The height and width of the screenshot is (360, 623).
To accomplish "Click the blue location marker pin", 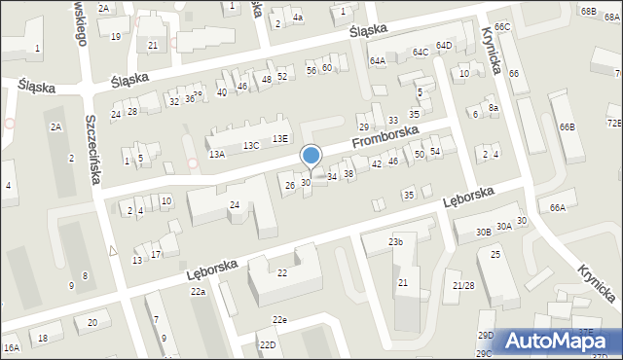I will coord(311,156).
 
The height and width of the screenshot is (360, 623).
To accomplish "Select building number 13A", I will coord(217,154).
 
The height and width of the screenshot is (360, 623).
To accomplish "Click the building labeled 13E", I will coord(280,139).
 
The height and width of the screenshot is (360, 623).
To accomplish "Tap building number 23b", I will coord(395,241).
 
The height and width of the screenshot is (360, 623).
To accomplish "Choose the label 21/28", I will coord(463,285).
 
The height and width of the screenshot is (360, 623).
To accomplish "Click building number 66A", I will coord(557,207).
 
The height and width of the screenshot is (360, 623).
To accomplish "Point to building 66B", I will coord(567,127).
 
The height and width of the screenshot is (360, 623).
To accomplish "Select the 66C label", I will coord(501,27).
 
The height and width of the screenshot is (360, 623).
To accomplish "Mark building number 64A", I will coord(377,60).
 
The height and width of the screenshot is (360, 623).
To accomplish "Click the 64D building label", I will coord(444,46).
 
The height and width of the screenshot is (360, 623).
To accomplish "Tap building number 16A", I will coord(12,347).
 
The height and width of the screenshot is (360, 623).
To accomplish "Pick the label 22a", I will coord(198,292).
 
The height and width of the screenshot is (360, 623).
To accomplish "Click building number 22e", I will coord(279,320).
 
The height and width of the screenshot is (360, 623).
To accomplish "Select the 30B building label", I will coord(484,232).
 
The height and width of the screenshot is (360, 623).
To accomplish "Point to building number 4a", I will coord(298,18).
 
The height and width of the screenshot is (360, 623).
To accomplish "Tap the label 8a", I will coord(494,108).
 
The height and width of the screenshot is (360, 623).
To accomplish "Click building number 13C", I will coord(251,146).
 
